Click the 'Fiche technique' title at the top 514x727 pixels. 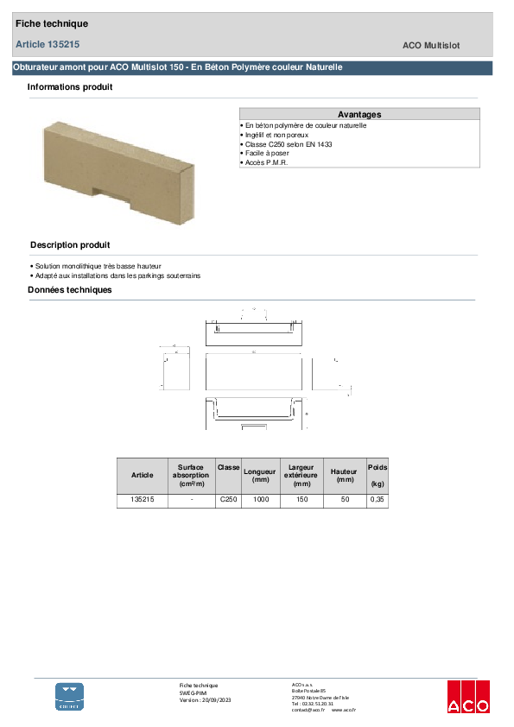click(52, 23)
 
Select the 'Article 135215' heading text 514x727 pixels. click(48, 43)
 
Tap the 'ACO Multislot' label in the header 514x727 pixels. click(436, 44)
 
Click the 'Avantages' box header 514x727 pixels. click(359, 114)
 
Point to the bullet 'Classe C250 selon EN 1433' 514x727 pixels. click(288, 144)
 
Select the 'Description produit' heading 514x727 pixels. click(70, 245)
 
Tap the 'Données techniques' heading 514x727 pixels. click(70, 290)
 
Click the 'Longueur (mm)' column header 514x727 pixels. click(260, 475)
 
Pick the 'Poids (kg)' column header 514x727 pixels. click(378, 475)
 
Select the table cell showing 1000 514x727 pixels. click(260, 500)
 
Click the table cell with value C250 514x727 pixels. click(228, 500)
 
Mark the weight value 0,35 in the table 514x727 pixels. click(378, 500)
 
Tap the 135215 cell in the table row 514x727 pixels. click(142, 500)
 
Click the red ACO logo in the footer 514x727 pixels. click(467, 696)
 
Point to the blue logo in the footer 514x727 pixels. click(70, 696)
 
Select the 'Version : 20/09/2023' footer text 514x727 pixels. click(205, 699)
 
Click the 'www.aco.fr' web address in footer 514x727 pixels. click(343, 709)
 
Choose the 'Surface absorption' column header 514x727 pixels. click(191, 475)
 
